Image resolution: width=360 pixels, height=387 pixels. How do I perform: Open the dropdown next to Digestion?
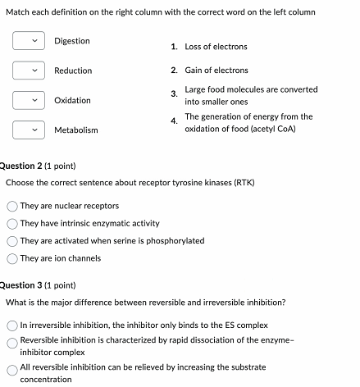pos(26,41)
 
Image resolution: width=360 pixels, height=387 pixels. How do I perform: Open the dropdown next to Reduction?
pos(26,71)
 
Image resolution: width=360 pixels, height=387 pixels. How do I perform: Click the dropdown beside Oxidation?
pos(26,100)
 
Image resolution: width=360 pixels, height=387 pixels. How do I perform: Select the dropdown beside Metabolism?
pos(26,130)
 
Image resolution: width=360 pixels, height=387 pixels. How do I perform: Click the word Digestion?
pos(72,41)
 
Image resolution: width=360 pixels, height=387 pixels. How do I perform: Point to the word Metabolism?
pos(76,130)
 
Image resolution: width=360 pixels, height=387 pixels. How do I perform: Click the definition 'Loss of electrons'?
pos(216,47)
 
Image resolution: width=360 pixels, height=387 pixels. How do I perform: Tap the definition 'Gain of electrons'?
pos(216,71)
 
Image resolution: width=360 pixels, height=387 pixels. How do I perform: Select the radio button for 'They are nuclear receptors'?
pos(13,207)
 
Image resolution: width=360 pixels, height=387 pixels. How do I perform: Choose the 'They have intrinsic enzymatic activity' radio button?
pos(13,224)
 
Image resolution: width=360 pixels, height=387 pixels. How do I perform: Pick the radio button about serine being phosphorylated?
pos(13,241)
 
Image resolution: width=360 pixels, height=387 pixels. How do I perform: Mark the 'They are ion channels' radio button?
pos(13,258)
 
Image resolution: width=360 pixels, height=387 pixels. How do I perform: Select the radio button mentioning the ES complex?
pos(13,326)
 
